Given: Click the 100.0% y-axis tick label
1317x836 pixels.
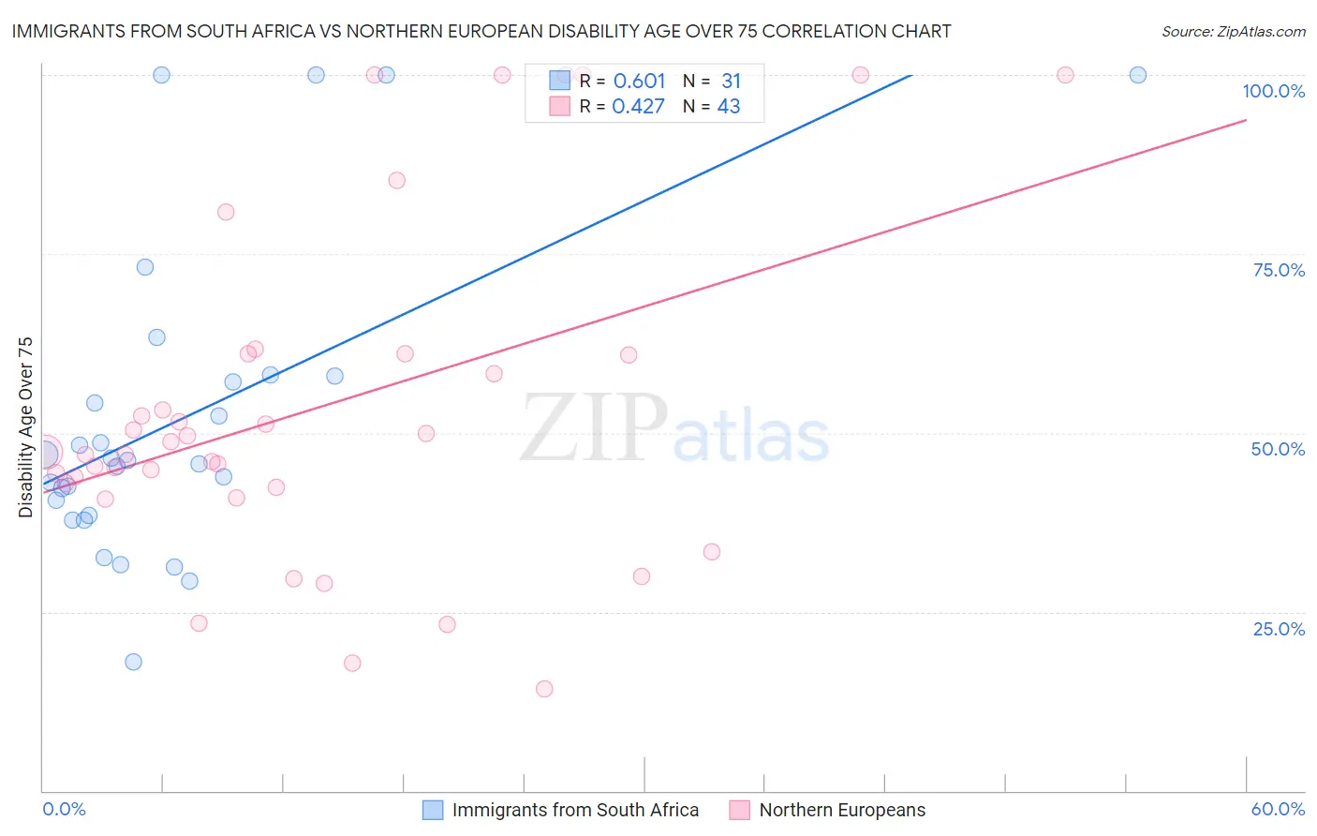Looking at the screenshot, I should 1273,91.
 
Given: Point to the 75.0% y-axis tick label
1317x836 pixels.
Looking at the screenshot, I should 1279,270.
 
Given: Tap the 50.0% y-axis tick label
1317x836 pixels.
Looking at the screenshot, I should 1278,449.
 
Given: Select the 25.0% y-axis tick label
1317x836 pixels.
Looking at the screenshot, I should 1279,629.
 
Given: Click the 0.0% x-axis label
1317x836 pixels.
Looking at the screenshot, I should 64,809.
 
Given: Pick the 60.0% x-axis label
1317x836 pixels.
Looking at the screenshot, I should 1278,809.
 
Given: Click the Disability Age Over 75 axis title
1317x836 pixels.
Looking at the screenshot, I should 26,427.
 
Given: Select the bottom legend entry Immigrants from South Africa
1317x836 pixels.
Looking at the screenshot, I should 575,810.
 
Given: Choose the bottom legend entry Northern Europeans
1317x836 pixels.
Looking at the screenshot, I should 842,810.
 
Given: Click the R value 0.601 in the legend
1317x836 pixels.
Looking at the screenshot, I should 639,82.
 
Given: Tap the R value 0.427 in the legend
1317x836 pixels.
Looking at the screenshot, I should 638,107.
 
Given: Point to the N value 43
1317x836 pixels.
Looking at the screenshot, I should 729,107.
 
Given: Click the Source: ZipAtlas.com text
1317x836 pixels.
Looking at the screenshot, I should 1233,32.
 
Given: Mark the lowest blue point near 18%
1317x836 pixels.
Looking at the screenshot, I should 134,662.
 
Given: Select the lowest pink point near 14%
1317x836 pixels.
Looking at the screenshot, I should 544,689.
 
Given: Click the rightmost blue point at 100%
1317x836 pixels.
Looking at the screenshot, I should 1138,75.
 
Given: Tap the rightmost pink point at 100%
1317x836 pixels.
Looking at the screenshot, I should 1065,75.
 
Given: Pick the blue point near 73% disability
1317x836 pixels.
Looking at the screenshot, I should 145,267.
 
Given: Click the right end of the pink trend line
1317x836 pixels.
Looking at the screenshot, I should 1246,120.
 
